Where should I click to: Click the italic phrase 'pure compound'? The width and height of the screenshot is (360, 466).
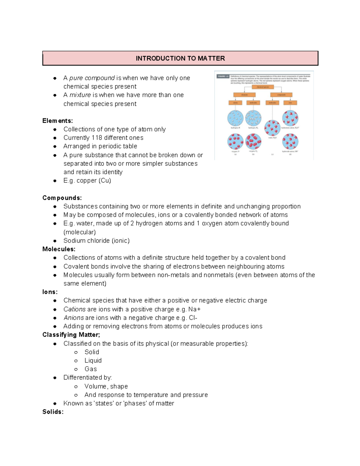pyautogui.click(x=92, y=78)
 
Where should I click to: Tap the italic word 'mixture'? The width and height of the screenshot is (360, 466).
pyautogui.click(x=80, y=95)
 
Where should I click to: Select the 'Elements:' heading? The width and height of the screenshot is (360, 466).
pyautogui.click(x=57, y=121)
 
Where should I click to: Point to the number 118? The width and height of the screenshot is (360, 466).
pyautogui.click(x=97, y=138)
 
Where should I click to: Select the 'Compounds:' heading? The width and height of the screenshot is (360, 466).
pyautogui.click(x=62, y=198)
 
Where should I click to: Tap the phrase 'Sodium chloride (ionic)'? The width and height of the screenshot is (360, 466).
pyautogui.click(x=96, y=241)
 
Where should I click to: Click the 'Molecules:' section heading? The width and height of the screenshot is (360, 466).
pyautogui.click(x=59, y=249)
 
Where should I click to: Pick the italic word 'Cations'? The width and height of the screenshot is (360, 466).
pyautogui.click(x=74, y=309)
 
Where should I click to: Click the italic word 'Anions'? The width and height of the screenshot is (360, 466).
pyautogui.click(x=73, y=318)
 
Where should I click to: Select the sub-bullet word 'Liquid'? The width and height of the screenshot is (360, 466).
pyautogui.click(x=93, y=360)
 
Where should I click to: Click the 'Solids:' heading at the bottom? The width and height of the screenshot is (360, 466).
pyautogui.click(x=53, y=412)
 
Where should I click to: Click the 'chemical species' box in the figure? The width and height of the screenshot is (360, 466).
pyautogui.click(x=263, y=87)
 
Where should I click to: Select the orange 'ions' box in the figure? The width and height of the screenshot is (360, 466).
pyautogui.click(x=290, y=103)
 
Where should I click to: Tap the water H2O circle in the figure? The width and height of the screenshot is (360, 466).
pyautogui.click(x=272, y=128)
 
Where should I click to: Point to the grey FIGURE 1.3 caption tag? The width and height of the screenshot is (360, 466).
pyautogui.click(x=223, y=77)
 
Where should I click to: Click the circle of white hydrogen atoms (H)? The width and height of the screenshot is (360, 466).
pyautogui.click(x=235, y=118)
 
